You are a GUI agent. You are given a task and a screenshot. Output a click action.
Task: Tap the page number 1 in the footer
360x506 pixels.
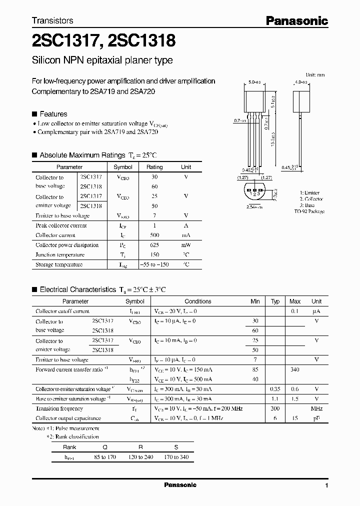pos(326,485)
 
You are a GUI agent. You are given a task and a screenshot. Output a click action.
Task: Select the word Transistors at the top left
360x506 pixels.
pos(52,20)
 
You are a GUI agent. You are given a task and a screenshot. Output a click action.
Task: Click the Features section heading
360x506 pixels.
pos(53,114)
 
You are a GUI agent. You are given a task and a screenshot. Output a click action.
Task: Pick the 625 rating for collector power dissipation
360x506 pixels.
pos(154,245)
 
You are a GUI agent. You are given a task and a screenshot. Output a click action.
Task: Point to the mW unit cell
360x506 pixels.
pos(186,245)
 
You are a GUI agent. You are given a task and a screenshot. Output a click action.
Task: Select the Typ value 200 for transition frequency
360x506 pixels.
pos(274,408)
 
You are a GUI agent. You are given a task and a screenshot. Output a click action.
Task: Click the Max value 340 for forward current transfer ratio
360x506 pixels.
pos(294,370)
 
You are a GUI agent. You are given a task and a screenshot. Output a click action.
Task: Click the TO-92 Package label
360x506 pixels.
pos(309,211)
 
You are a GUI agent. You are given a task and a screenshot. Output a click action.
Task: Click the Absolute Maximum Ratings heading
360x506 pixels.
pos(82,155)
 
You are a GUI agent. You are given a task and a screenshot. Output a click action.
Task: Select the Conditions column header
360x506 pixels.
pos(198,301)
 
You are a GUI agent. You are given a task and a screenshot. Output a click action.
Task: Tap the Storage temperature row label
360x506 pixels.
pos(59,264)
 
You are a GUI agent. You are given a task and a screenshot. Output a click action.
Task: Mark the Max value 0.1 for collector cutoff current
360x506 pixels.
pos(295,311)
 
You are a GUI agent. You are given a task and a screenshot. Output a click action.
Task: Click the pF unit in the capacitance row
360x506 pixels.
pos(316,418)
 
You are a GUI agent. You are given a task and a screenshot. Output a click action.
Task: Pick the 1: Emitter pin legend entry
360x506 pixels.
pos(309,192)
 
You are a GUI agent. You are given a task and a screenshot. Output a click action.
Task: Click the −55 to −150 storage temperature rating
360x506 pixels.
pos(154,264)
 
